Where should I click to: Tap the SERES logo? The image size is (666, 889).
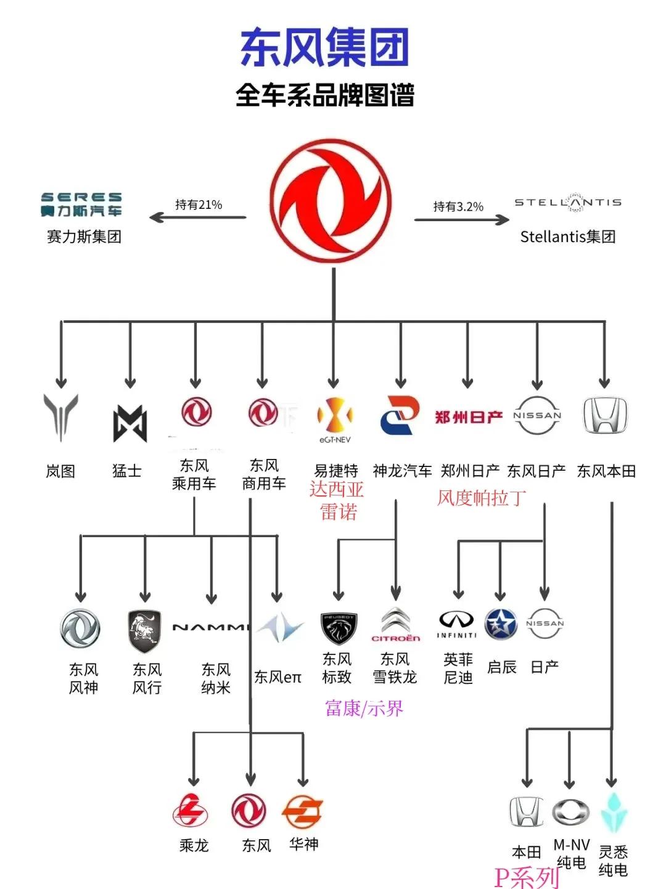pyautogui.click(x=81, y=205)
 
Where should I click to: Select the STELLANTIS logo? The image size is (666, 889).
pyautogui.click(x=568, y=202)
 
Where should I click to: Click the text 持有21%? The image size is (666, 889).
pyautogui.click(x=199, y=205)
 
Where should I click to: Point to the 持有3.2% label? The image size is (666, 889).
pyautogui.click(x=458, y=206)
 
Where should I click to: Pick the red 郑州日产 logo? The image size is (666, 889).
pyautogui.click(x=469, y=416)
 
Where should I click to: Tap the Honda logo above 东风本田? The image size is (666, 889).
pyautogui.click(x=605, y=415)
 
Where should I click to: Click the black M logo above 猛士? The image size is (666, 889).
pyautogui.click(x=130, y=423)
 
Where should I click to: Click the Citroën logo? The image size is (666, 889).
pyautogui.click(x=396, y=625)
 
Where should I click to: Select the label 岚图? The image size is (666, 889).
pyautogui.click(x=60, y=471)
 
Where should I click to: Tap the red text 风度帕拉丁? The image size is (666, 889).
pyautogui.click(x=482, y=498)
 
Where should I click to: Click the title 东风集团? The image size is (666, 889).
pyautogui.click(x=324, y=47)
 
